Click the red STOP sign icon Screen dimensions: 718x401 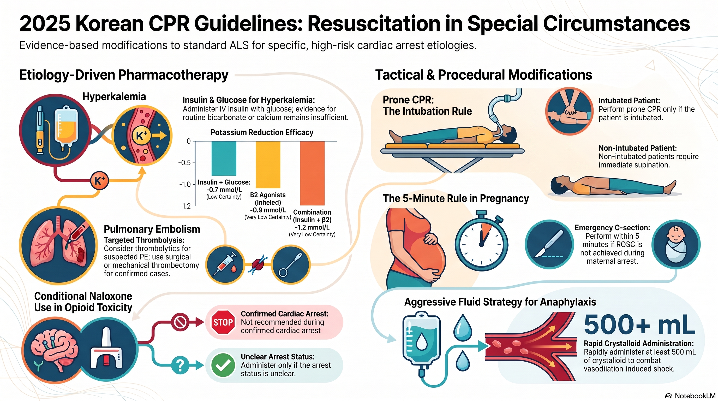223,322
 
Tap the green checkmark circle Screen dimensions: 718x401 223,365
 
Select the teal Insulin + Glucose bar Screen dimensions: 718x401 224,158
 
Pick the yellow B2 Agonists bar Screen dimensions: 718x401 268,164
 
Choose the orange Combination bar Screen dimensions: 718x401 312,173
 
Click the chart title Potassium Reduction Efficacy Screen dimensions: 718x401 262,132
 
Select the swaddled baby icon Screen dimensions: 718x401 676,244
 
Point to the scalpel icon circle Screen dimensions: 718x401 549,244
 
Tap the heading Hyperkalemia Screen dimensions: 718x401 114,97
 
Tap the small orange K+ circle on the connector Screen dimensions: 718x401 99,180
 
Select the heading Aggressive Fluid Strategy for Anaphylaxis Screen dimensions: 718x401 500,302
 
